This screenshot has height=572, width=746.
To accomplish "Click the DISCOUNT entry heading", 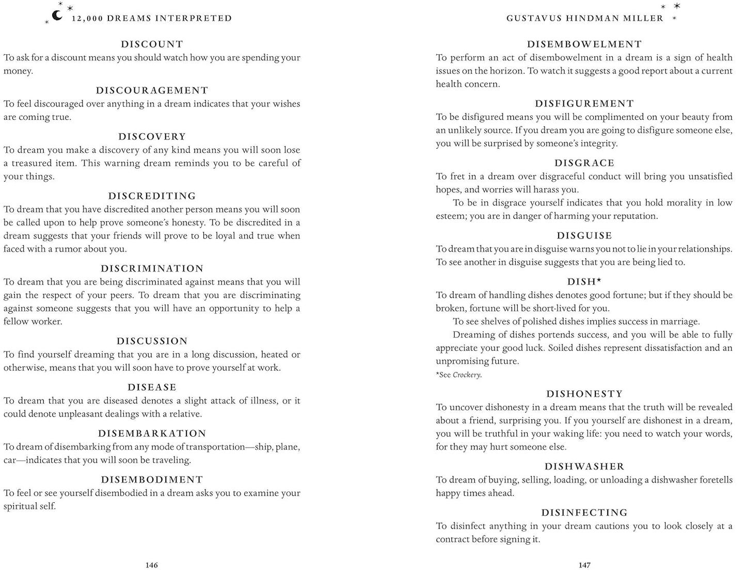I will (152, 44).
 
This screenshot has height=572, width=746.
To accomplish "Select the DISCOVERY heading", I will (152, 137).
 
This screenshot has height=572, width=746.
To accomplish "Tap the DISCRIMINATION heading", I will (152, 268).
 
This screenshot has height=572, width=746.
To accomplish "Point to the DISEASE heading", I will (152, 387).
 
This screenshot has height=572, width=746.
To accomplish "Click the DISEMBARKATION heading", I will (152, 434).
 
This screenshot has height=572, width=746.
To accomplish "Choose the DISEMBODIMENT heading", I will (152, 480).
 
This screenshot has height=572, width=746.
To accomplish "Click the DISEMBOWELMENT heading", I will (584, 44).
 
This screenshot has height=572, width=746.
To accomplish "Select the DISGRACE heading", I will (584, 163).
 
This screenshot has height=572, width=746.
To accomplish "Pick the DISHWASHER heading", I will (584, 467).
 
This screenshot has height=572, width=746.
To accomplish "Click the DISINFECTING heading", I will (584, 513).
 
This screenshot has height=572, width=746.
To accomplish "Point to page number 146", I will (151, 565).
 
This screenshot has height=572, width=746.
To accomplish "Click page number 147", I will (584, 565).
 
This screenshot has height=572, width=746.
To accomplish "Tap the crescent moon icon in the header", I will (57, 15).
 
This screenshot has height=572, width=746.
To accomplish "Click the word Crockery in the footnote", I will (467, 375).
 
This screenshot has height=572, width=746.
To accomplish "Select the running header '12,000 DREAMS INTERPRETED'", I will (152, 19).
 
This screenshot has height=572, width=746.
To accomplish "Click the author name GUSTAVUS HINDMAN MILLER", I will (584, 19).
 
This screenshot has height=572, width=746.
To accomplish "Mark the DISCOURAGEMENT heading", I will (152, 91).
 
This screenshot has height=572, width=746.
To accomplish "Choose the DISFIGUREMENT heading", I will (584, 104).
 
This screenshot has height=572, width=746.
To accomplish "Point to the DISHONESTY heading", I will (584, 394).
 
